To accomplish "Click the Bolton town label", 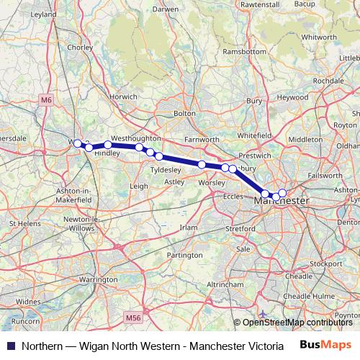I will coord(184,113).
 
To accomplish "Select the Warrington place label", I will coord(99,278).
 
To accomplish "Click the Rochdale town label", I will coord(327,81).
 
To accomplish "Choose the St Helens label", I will coord(22,224).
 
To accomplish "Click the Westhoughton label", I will coord(135,137).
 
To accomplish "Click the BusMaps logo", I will coord(327,344).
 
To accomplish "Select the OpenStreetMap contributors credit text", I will coord(297,323).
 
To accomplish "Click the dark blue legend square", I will coord(10,345).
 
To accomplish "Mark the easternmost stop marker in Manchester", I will coord(282,192).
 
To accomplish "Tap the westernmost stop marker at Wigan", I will coord(78,143).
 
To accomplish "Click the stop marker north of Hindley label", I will coord(108,145).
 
